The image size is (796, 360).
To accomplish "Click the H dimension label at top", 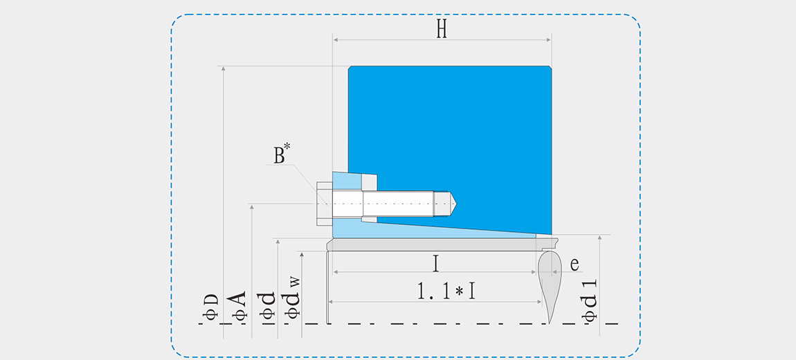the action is pyautogui.click(x=442, y=30).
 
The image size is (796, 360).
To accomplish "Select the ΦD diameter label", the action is pyautogui.click(x=211, y=307).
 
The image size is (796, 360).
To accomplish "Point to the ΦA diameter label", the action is pyautogui.click(x=239, y=305).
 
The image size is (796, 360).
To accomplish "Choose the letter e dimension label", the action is pyautogui.click(x=575, y=264).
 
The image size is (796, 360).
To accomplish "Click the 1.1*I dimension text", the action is pyautogui.click(x=446, y=291).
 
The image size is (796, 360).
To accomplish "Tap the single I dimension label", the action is pyautogui.click(x=435, y=264).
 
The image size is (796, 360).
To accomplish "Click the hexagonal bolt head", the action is pyautogui.click(x=325, y=204).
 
